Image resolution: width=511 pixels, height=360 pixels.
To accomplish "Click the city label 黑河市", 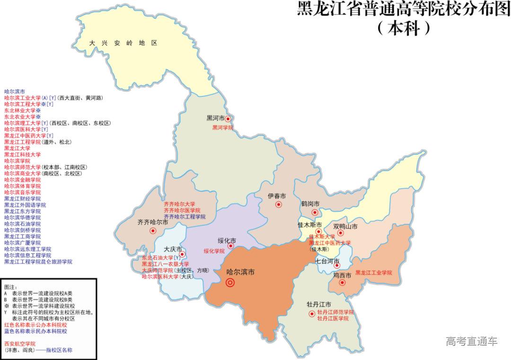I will (x=215, y=118).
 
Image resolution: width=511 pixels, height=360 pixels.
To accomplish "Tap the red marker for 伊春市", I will (x=279, y=205).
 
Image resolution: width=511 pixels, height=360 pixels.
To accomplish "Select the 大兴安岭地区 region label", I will (x=123, y=43).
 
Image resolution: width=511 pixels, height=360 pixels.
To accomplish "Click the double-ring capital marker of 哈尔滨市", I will (x=230, y=283).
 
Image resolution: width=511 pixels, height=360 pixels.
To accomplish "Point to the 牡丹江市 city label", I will (x=318, y=304).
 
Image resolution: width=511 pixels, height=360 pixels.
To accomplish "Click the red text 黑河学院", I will (x=222, y=128).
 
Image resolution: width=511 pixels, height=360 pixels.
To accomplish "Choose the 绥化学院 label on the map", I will (x=214, y=251).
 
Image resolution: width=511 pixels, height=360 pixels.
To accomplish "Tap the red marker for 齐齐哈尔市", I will (x=153, y=231).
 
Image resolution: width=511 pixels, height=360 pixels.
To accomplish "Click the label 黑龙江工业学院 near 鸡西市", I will (x=374, y=273).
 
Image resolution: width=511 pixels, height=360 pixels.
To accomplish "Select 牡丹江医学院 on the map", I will (x=333, y=319).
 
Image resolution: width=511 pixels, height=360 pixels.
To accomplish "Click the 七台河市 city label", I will (x=327, y=261).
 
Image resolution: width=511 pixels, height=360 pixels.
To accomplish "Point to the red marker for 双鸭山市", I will (x=340, y=232).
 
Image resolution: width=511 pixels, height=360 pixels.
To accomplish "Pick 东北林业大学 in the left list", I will (x=22, y=110).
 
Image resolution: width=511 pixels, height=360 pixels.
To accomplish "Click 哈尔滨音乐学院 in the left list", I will (x=22, y=193).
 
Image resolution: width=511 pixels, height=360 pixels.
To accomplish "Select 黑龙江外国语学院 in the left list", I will (x=25, y=205).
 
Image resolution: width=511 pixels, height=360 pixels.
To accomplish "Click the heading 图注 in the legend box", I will (x=10, y=287).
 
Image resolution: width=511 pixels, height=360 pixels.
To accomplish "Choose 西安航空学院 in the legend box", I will (x=20, y=343).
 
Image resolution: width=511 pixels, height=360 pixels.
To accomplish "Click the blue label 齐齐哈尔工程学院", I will (x=185, y=217).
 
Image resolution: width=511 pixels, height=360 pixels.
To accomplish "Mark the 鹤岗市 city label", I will (x=310, y=204).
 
